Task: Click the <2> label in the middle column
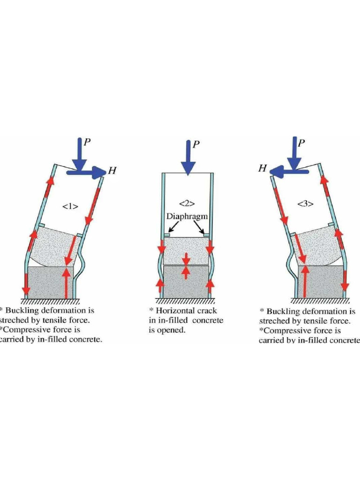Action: click(x=187, y=203)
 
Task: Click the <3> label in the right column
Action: click(x=305, y=203)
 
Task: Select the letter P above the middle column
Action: click(x=197, y=145)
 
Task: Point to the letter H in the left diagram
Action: click(x=112, y=171)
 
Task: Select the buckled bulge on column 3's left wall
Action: click(x=293, y=262)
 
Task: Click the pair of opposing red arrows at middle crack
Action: click(x=186, y=266)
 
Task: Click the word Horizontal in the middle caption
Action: click(x=179, y=311)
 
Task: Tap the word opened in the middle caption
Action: click(x=174, y=330)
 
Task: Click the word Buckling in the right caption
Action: click(x=285, y=312)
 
